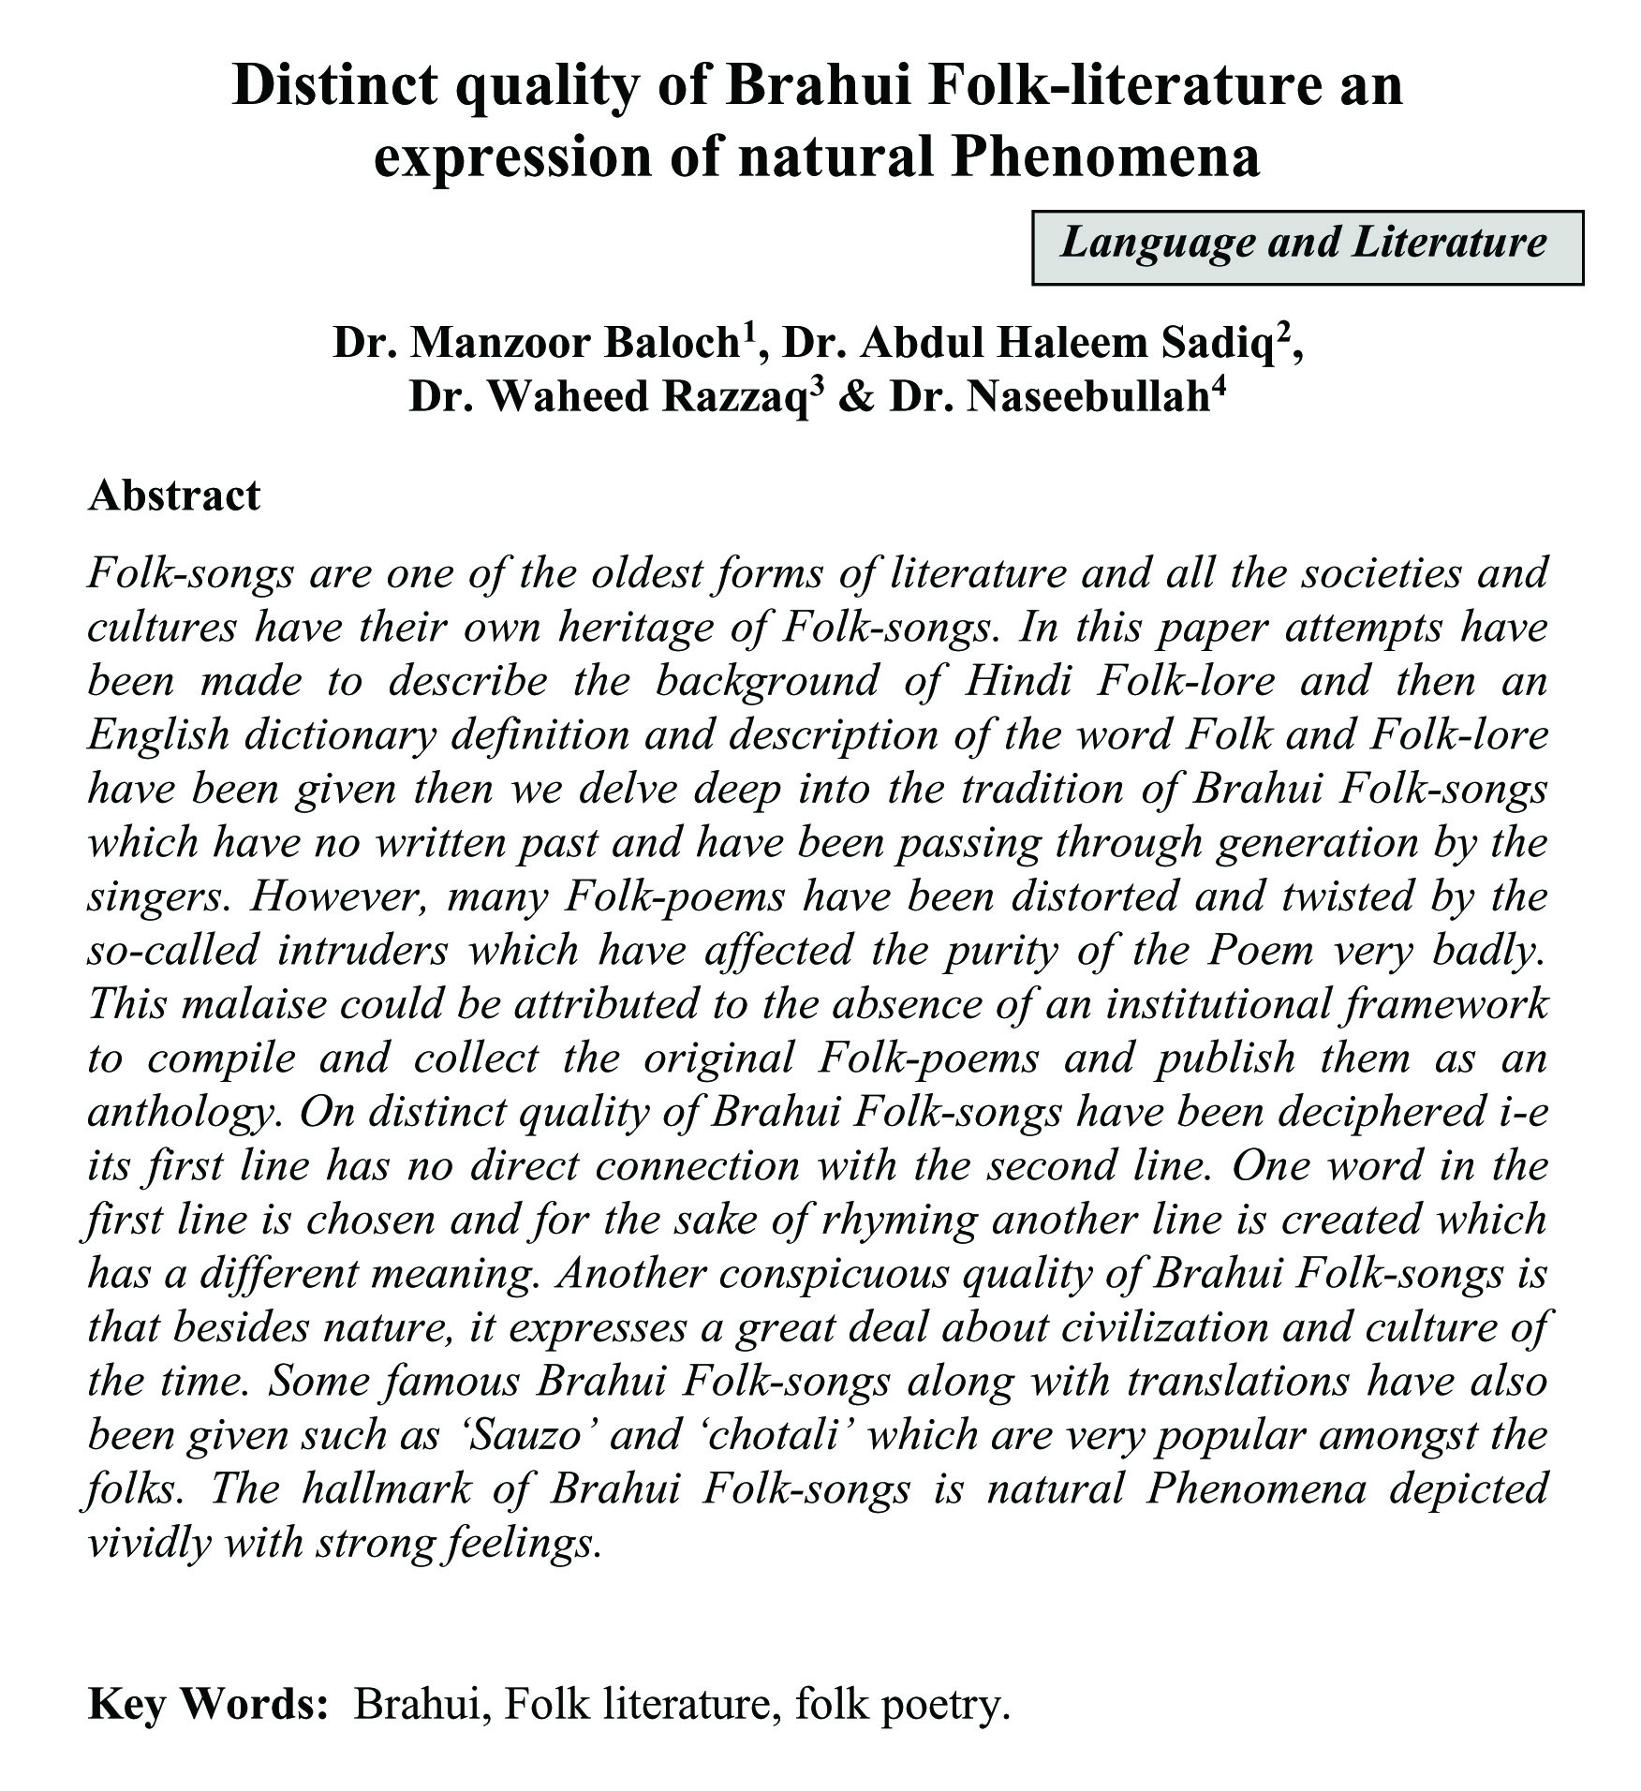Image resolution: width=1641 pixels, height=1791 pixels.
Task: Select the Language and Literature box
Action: [1307, 245]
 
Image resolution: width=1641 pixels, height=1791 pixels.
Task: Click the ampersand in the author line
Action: [852, 398]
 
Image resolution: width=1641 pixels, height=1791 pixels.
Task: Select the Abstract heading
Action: [173, 495]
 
